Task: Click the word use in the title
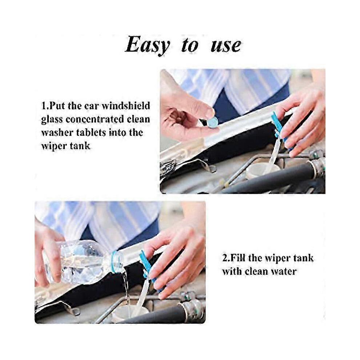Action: [226, 45]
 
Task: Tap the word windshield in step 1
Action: [126, 105]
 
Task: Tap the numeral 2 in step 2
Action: [225, 258]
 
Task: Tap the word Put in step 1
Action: [57, 106]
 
